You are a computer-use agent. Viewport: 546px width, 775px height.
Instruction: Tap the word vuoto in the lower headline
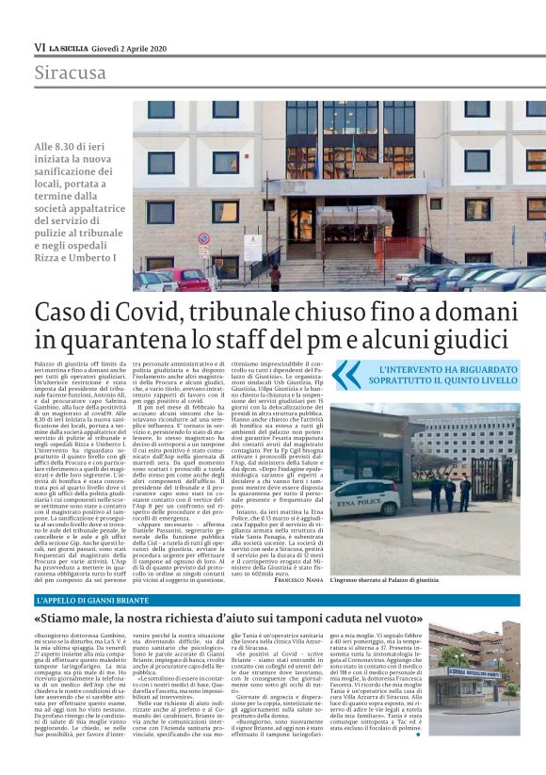tap(491, 619)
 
